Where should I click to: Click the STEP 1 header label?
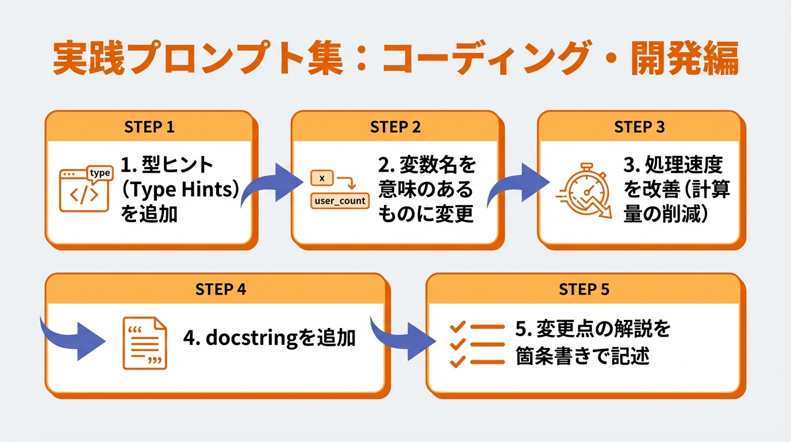149,127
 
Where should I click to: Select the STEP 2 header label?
395,127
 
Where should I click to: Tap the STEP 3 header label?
639,127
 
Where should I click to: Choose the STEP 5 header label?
584,289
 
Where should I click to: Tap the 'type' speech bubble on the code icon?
100,173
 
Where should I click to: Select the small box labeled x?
322,178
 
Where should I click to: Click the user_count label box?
339,201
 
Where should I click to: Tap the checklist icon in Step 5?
477,344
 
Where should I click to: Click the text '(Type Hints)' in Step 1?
179,190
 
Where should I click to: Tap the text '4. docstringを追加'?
269,338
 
